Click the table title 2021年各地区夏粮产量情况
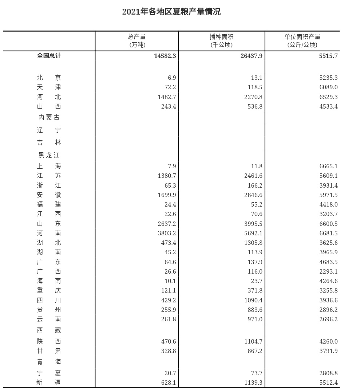coord(171,12)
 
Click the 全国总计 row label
coord(49,56)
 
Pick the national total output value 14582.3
coord(165,56)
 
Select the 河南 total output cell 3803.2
coord(167,233)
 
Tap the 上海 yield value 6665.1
coord(328,166)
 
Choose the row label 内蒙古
coord(49,118)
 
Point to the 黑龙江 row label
coord(49,155)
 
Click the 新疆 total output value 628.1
coord(169,383)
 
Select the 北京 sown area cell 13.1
coord(256,78)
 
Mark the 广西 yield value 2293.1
coord(328,271)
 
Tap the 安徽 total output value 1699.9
coord(167,195)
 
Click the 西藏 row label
coord(49,330)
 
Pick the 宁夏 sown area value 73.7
coord(256,373)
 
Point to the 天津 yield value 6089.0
coord(328,87)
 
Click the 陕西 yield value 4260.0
coord(328,341)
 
